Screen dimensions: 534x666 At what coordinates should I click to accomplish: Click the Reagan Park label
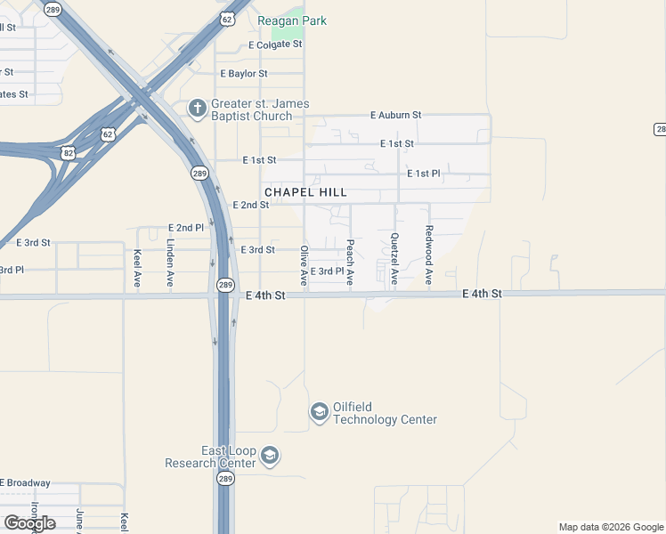click(292, 20)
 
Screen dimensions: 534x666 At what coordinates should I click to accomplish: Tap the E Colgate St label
click(276, 44)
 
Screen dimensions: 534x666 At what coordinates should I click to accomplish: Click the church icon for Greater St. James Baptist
click(198, 109)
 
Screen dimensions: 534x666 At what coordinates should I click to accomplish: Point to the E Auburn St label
click(395, 116)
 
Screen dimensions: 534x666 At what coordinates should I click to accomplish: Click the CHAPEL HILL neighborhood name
click(305, 192)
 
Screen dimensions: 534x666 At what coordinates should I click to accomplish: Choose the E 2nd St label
click(250, 205)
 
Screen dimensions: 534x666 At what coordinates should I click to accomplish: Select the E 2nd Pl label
click(186, 228)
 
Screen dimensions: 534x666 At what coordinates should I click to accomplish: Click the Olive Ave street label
click(305, 265)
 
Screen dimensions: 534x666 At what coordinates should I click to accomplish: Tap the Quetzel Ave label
click(394, 259)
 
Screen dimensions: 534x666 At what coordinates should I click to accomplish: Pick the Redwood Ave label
click(429, 254)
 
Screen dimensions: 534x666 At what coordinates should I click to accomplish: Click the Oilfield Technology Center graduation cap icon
click(319, 412)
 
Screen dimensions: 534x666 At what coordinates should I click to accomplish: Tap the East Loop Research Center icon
click(271, 457)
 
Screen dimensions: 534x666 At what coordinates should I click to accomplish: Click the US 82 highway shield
click(69, 153)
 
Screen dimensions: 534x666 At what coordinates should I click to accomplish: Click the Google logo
click(30, 523)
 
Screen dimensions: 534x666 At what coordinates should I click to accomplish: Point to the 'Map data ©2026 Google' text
click(610, 527)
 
